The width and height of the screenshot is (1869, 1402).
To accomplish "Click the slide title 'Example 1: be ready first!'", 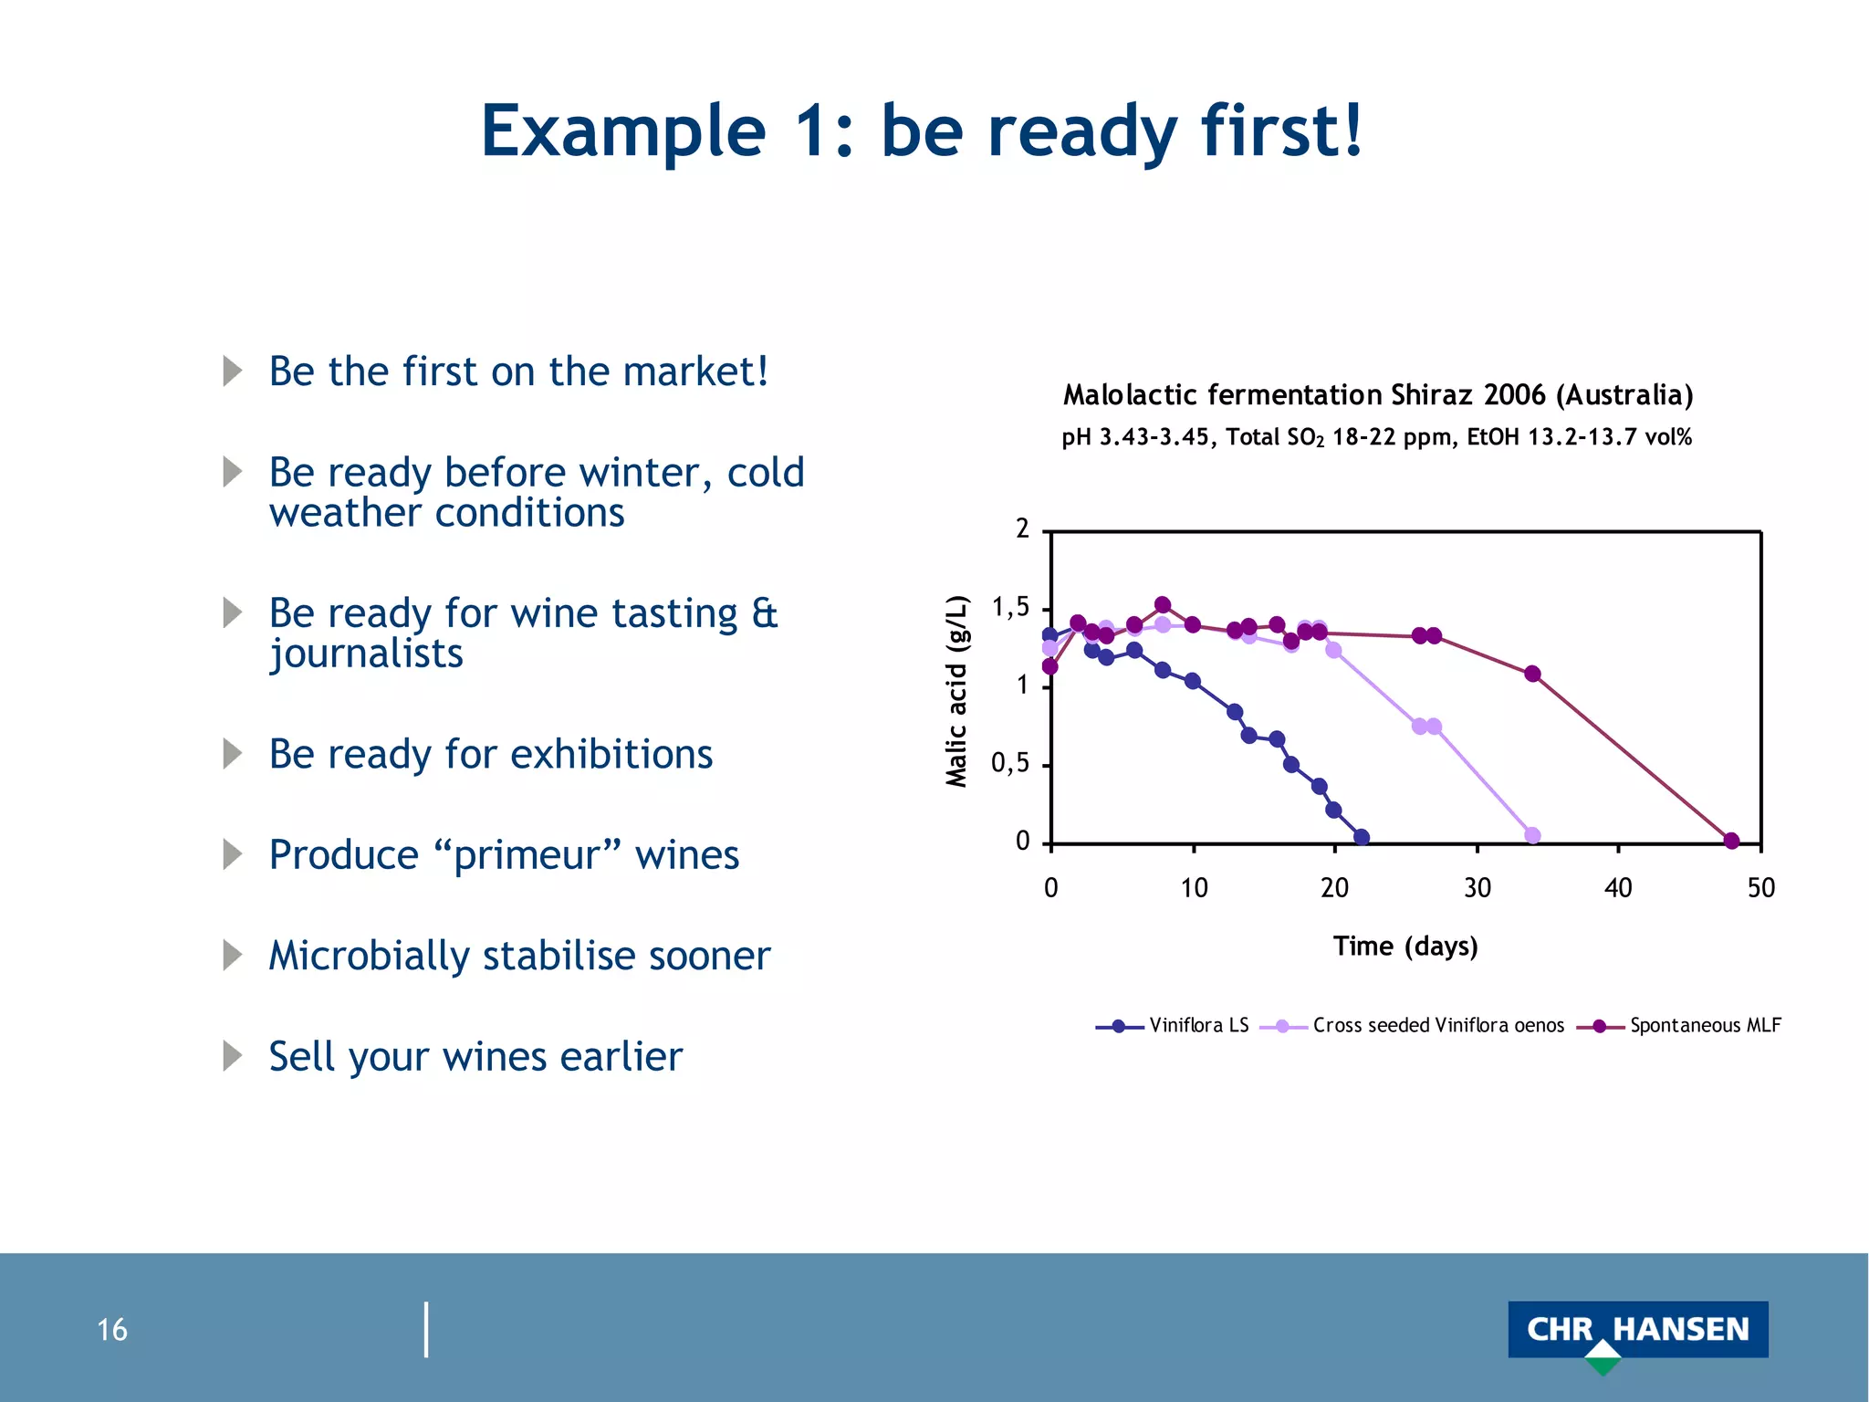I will [x=922, y=131].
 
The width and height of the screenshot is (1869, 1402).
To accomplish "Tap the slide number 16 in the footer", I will [x=112, y=1329].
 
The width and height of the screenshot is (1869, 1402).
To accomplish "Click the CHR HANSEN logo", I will [x=1637, y=1330].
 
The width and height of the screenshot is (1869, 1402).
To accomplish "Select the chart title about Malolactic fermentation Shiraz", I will [x=1378, y=395].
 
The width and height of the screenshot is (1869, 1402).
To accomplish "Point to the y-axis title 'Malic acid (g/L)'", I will [x=955, y=691].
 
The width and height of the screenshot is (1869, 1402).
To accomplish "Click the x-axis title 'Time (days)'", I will [x=1405, y=946].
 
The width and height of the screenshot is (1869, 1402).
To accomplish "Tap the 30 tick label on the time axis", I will [x=1477, y=888].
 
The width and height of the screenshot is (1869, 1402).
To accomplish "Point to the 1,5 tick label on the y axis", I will [x=1010, y=608].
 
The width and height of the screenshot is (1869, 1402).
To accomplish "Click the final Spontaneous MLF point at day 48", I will [x=1731, y=841].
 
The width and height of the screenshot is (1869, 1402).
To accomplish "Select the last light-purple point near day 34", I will [x=1532, y=835].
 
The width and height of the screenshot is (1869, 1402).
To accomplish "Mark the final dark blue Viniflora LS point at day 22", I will [x=1362, y=837].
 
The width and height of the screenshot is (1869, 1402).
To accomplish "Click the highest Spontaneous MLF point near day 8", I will [x=1163, y=604].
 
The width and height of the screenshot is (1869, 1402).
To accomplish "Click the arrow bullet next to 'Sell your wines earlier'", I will [x=233, y=1056].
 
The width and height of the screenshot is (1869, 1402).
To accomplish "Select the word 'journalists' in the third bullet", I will [x=366, y=654].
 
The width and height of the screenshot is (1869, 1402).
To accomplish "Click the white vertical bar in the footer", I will [x=426, y=1329].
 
